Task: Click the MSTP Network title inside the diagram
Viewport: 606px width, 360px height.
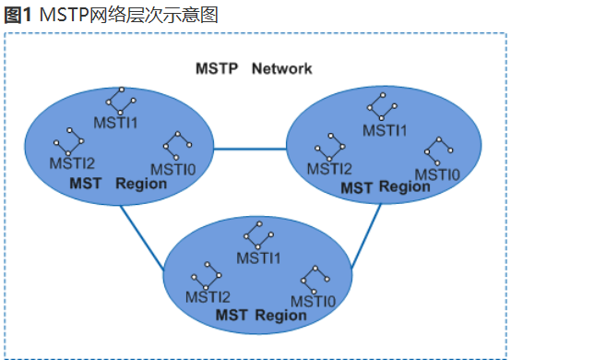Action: pos(254,68)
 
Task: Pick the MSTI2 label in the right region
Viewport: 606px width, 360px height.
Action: pos(329,168)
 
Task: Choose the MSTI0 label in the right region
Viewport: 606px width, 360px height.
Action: pos(436,174)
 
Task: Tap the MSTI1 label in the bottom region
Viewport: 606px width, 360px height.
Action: pos(258,258)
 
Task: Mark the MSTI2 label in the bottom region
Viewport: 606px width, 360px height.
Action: pos(208,296)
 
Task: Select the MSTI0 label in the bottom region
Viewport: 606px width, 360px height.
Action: pos(313,301)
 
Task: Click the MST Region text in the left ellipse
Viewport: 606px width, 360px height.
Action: pos(118,184)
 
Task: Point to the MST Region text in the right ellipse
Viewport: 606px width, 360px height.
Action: pos(386,187)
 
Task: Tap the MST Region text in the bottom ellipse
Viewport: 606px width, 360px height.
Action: pos(261,316)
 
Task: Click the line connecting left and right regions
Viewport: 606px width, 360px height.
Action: pos(250,148)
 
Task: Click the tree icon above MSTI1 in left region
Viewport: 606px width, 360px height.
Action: pos(116,101)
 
